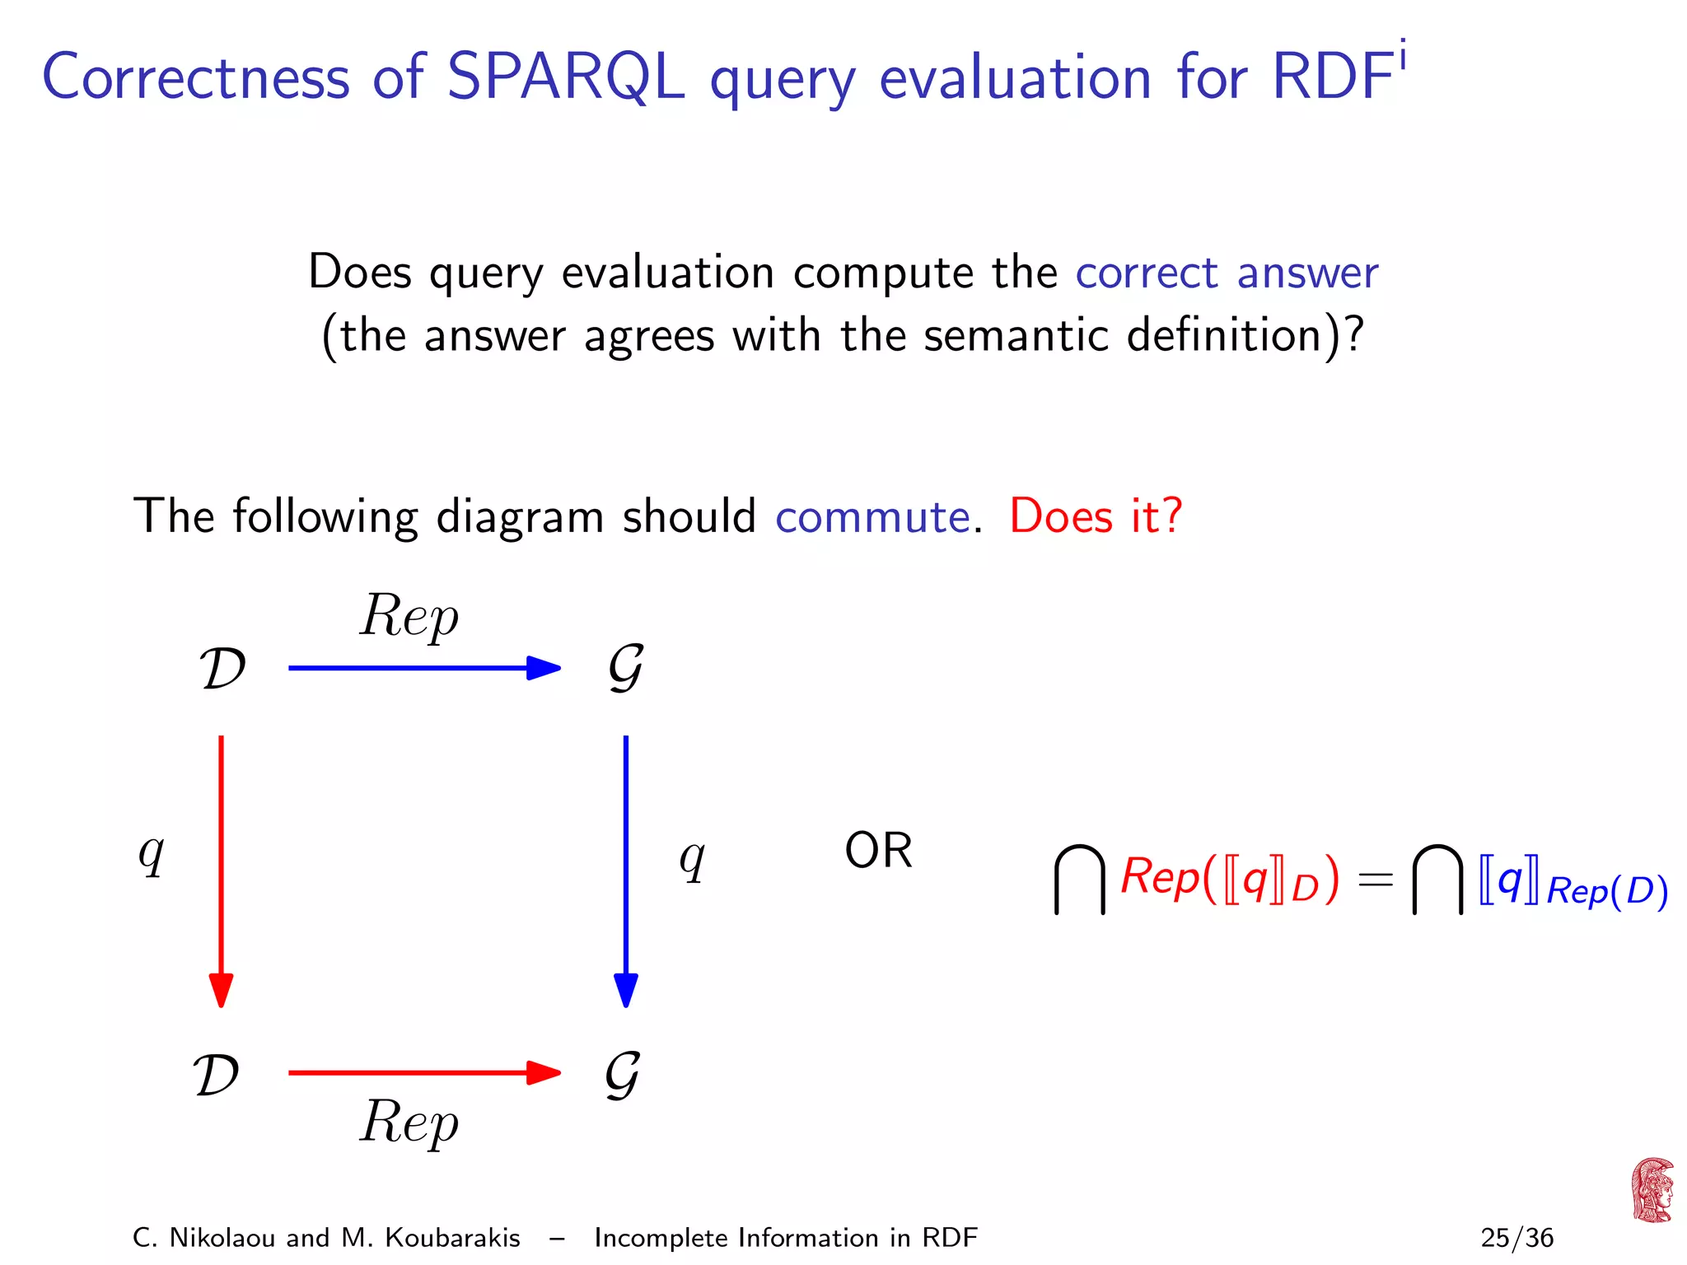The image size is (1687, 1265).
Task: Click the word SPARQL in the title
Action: pos(565,77)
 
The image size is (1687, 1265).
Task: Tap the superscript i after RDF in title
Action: pos(1402,57)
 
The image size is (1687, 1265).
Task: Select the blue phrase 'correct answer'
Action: pos(1227,273)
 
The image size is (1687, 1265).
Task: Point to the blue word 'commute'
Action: pos(872,517)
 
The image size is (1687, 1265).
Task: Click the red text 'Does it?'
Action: pos(1096,517)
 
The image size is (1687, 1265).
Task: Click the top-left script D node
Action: pos(222,668)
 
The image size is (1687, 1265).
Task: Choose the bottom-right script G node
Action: pos(623,1075)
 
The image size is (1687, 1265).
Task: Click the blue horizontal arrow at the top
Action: pos(423,668)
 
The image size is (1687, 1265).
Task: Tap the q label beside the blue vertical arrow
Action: pos(692,859)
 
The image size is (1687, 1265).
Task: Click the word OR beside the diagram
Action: pos(878,851)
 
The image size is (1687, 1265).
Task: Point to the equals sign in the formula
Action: pos(1376,880)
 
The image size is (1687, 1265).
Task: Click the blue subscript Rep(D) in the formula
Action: pos(1607,892)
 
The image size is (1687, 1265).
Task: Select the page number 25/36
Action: pos(1516,1238)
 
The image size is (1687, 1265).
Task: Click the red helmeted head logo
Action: pos(1652,1190)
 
